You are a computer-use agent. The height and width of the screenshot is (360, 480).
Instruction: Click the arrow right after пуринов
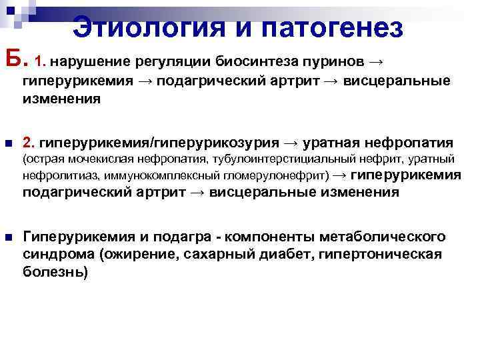[x=376, y=62]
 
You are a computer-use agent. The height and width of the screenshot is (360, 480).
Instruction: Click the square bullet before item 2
[x=8, y=143]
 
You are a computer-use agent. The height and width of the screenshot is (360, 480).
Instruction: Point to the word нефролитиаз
[x=54, y=177]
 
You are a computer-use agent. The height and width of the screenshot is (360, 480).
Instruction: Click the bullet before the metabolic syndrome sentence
[x=8, y=237]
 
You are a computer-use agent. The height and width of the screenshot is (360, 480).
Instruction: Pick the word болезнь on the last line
[x=55, y=272]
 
